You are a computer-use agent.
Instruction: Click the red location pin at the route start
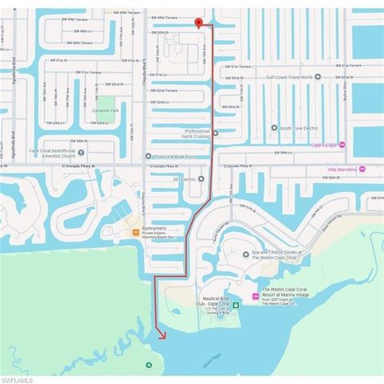(x=198, y=22)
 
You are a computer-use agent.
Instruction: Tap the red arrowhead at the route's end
(x=163, y=336)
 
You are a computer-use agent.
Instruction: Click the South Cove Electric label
(x=298, y=128)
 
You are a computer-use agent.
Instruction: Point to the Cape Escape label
(x=322, y=145)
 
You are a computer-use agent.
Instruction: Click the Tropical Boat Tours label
(x=173, y=156)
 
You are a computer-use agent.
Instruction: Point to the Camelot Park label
(x=105, y=110)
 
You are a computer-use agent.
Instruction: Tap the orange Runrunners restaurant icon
(x=135, y=232)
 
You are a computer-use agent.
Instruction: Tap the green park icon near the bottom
(x=147, y=365)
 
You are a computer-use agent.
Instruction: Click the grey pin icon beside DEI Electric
(x=202, y=179)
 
